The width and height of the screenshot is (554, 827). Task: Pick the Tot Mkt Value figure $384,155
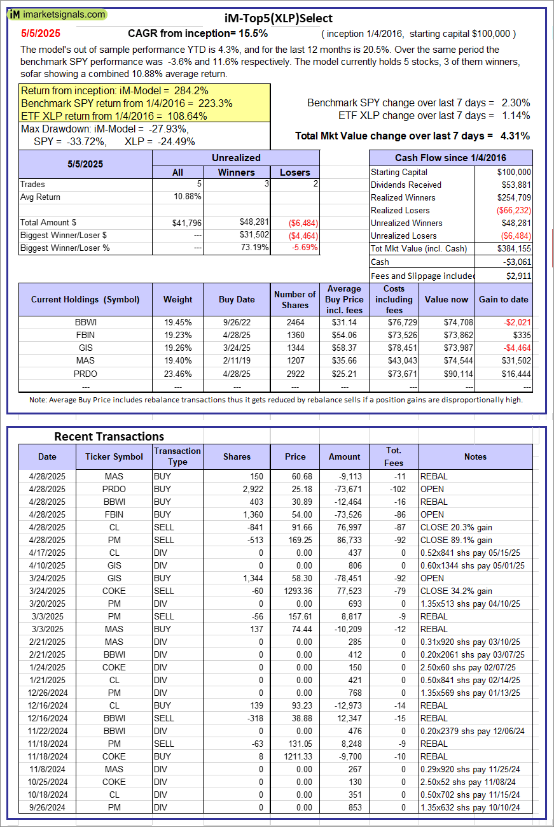(x=515, y=248)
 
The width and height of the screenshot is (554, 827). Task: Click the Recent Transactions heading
(x=109, y=437)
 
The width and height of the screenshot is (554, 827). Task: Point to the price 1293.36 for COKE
(x=295, y=591)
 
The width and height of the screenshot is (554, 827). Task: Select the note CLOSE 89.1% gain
(x=456, y=540)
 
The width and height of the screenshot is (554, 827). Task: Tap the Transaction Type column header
(x=177, y=456)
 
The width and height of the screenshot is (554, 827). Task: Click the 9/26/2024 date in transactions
(x=47, y=807)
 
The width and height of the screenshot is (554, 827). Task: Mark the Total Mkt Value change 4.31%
(x=516, y=136)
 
